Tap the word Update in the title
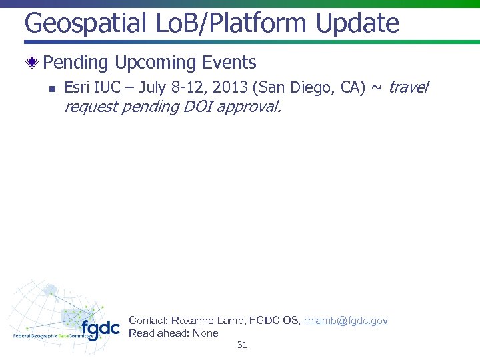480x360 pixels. pyautogui.click(x=358, y=24)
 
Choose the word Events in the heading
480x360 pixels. pyautogui.click(x=231, y=63)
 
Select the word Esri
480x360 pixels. pyautogui.click(x=77, y=87)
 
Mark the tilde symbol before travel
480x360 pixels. pyautogui.click(x=377, y=88)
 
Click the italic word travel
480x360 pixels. pyautogui.click(x=409, y=87)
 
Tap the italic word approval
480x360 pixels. pyautogui.click(x=252, y=107)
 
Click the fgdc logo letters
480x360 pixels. pyautogui.click(x=101, y=329)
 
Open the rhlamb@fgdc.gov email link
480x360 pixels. pyautogui.click(x=345, y=321)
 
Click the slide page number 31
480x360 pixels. pyautogui.click(x=242, y=345)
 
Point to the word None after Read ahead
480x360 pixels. pyautogui.click(x=205, y=333)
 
